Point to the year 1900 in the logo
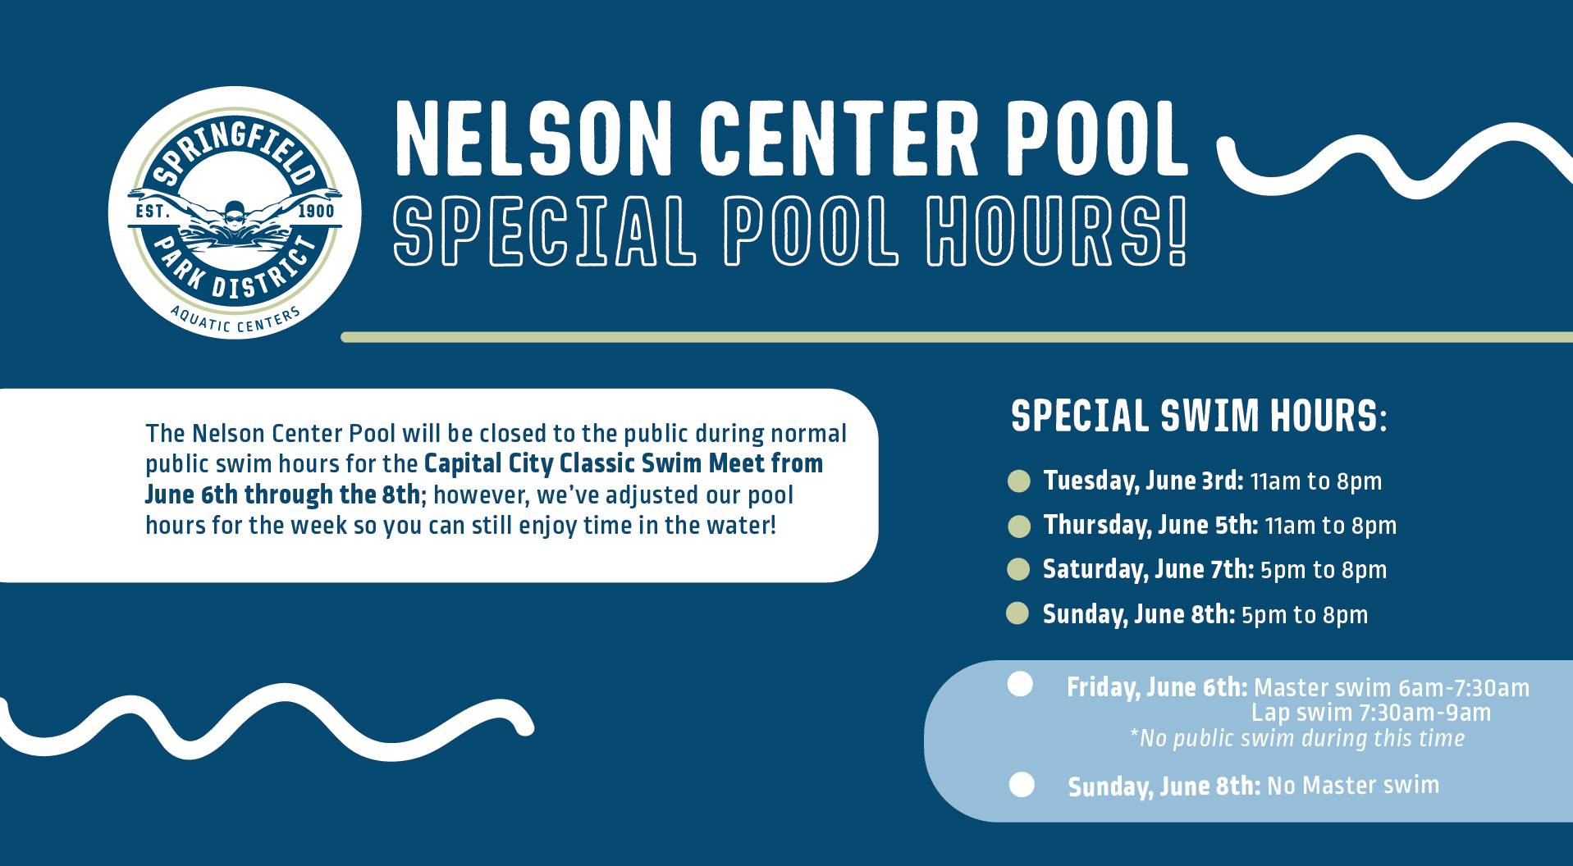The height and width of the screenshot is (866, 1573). pyautogui.click(x=315, y=212)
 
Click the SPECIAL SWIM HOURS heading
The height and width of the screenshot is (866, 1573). pyautogui.click(x=1199, y=416)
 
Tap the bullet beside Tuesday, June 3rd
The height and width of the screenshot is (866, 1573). pyautogui.click(x=1018, y=481)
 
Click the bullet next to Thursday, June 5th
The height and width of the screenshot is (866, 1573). pyautogui.click(x=1018, y=526)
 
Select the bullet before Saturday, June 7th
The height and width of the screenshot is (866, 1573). pyautogui.click(x=1018, y=569)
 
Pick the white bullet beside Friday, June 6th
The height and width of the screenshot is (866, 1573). pyautogui.click(x=1020, y=685)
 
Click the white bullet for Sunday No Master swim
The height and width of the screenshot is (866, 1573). pyautogui.click(x=1021, y=785)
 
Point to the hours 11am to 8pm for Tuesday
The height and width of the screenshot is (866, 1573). pyautogui.click(x=1316, y=481)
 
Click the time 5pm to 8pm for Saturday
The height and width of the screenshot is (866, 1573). pyautogui.click(x=1324, y=570)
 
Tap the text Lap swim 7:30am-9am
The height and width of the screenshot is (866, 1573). pyautogui.click(x=1371, y=713)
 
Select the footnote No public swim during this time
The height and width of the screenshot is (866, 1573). pyautogui.click(x=1297, y=738)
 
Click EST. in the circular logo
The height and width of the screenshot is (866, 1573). pyautogui.click(x=152, y=212)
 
